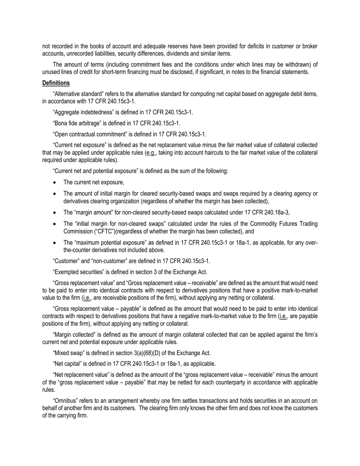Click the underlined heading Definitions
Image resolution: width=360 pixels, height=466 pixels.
pos(56,83)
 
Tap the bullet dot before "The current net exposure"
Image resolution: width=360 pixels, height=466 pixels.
pos(55,183)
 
